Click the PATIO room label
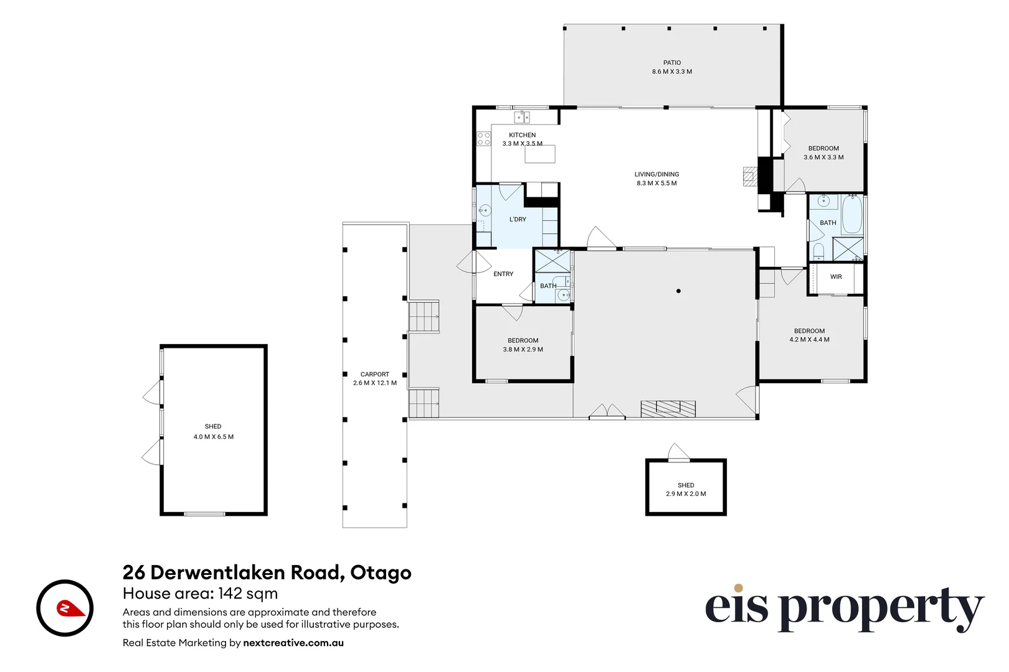coord(671,63)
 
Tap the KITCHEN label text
coord(522,135)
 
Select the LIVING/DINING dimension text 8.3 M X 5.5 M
coord(656,183)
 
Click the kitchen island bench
coord(539,154)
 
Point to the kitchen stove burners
coord(484,139)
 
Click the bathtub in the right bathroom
coord(852,214)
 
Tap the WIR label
coord(836,277)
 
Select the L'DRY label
coord(518,219)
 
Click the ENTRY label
coord(503,274)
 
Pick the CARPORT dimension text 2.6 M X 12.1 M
coord(375,383)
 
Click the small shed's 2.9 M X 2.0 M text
coord(686,494)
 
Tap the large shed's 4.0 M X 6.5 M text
coord(214,437)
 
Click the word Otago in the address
coord(381,572)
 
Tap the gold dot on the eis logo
coord(738,588)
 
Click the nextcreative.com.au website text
coord(293,643)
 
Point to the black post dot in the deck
coord(678,291)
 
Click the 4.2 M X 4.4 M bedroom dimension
coord(809,339)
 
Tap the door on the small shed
coord(678,452)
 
